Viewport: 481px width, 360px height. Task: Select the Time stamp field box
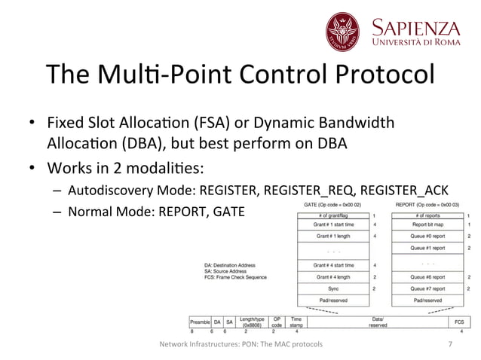296,321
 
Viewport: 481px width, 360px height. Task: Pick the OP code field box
277,321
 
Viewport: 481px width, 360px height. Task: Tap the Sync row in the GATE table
332,288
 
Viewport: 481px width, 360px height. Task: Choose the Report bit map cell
427,224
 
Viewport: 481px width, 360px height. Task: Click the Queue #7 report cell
427,288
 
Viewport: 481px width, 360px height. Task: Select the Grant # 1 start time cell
332,224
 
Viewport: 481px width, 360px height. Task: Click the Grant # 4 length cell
332,277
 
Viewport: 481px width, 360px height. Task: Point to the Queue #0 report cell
427,236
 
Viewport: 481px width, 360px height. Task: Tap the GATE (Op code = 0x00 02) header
332,205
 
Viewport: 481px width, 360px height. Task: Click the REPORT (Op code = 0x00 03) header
427,205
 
